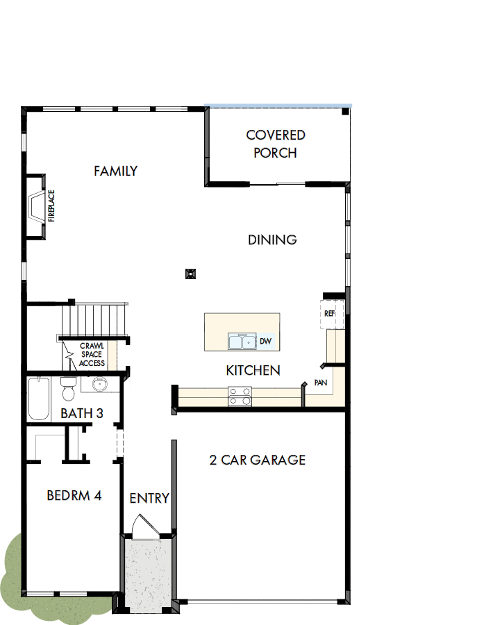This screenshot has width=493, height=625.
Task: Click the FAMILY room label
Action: coord(116,171)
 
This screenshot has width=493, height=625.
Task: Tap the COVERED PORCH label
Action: coord(276,144)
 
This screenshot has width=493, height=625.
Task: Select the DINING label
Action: coord(272,240)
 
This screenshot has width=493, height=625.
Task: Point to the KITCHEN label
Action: coord(253,370)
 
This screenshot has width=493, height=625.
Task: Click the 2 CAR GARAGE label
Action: coord(258,460)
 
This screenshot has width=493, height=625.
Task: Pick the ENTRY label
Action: coord(149,498)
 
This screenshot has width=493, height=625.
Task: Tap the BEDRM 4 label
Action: coord(74,495)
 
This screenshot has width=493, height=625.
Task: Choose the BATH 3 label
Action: coord(82,413)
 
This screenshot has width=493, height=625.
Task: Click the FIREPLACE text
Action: coord(51,206)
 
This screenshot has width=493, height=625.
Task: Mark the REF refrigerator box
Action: coord(329,313)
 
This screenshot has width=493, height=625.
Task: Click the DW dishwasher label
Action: coord(265,342)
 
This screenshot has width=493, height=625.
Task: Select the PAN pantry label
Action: coord(321,382)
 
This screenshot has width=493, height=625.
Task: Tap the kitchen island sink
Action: coord(242,342)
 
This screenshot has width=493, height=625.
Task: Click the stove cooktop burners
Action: coord(240,396)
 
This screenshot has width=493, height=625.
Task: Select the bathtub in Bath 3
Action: coord(38,399)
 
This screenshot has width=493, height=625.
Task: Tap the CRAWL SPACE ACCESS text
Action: coord(92,354)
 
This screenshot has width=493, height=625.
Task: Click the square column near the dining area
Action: coord(190,274)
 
